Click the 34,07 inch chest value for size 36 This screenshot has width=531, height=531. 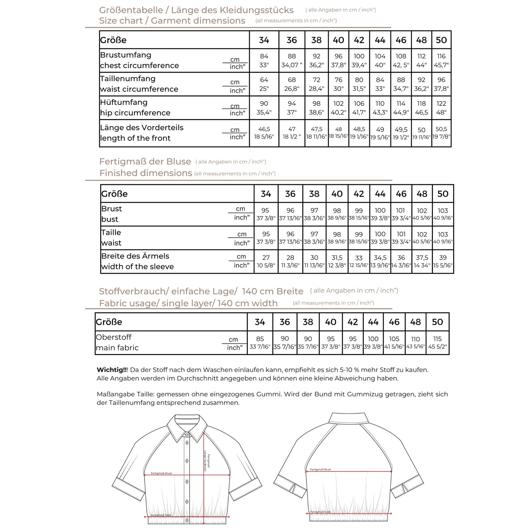291,65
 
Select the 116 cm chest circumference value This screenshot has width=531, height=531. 441,56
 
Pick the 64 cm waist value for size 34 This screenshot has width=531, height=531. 264,80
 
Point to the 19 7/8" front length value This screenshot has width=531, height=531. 441,137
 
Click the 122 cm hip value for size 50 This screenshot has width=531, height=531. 441,104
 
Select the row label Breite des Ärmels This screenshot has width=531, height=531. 135,256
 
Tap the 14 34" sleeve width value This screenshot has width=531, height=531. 422,265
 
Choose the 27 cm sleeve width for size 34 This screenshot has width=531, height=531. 266,258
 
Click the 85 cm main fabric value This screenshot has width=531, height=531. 260,339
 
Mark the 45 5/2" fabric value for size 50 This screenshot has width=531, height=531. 437,347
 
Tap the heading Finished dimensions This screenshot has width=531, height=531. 146,173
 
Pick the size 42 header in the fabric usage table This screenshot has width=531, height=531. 352,322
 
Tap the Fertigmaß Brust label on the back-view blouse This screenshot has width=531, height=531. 320,469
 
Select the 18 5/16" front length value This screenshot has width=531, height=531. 264,137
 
